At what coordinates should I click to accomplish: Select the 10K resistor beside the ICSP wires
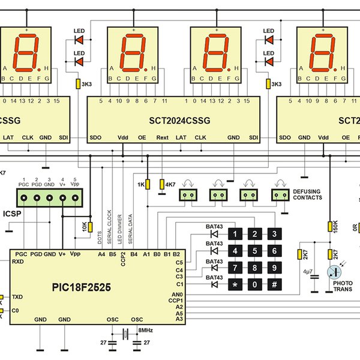(90, 227)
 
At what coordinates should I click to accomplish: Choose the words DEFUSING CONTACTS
(307, 194)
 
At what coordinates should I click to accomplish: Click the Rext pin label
(163, 137)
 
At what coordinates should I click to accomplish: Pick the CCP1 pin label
(176, 301)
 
